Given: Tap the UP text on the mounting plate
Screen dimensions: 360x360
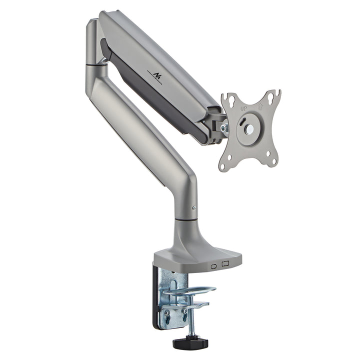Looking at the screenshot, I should coord(243,108).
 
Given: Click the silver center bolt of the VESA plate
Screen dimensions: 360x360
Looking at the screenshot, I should coord(249,129).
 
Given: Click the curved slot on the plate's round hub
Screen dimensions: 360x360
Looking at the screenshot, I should coord(242,121).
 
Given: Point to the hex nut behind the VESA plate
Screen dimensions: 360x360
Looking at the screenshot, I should coord(224,128).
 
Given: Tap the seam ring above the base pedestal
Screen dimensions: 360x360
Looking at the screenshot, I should coord(185,218).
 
